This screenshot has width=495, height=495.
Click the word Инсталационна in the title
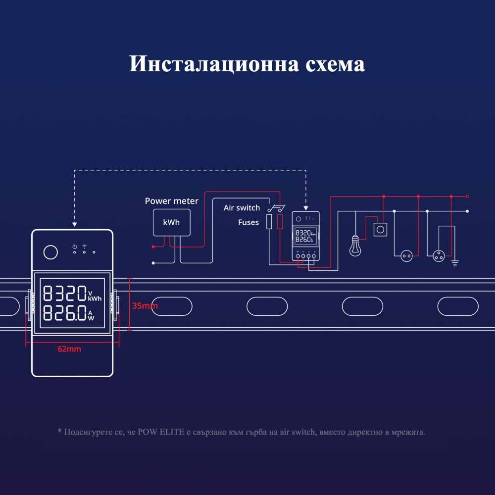coord(214,64)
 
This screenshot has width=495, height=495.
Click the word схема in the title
coord(335,64)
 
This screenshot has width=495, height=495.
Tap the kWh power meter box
coord(171,222)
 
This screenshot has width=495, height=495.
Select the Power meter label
coord(171,201)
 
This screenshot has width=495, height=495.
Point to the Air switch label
coord(242,208)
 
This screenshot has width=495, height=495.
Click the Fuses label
coord(248,222)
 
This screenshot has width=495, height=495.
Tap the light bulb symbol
coord(355,246)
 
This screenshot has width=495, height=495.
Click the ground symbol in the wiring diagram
coord(455,263)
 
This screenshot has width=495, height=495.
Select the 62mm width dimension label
coord(69,349)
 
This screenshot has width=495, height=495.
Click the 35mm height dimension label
coord(145,305)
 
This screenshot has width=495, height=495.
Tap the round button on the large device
coord(50,252)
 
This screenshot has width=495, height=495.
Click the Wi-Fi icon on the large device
coord(84,246)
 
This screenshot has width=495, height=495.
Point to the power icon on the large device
coord(75,247)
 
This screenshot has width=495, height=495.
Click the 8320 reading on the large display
coord(65,293)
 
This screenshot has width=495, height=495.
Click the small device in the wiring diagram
coord(305,236)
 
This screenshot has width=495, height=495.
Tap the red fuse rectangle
coord(280,222)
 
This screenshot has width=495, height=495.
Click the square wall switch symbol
coord(380,230)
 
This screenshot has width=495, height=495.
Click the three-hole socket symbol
coord(439,256)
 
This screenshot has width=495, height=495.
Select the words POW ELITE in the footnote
coord(161,432)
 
